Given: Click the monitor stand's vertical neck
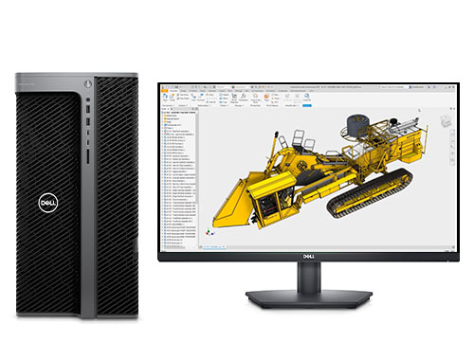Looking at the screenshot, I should coord(307,277).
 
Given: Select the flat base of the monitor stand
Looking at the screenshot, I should coord(307,298).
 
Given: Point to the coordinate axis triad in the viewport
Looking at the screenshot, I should coord(210,230).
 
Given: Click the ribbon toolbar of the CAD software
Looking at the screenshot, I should coord(284,95).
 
